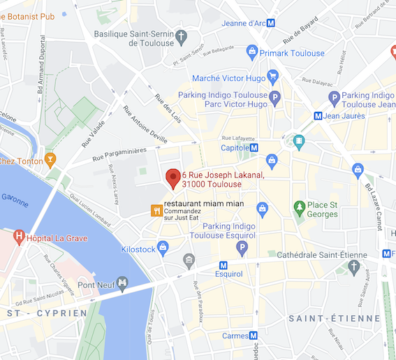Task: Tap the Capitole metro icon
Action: point(255,147)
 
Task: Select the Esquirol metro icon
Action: point(223,265)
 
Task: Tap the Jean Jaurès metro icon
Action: point(318,115)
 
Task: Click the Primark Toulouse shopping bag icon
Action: point(252,51)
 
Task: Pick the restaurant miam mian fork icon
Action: point(157,209)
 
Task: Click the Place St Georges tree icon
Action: point(300,207)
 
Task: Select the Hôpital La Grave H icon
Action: point(19,237)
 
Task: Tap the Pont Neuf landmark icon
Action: point(123,283)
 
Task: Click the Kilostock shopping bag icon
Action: point(163,247)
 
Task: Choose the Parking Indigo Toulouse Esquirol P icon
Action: point(242,247)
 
